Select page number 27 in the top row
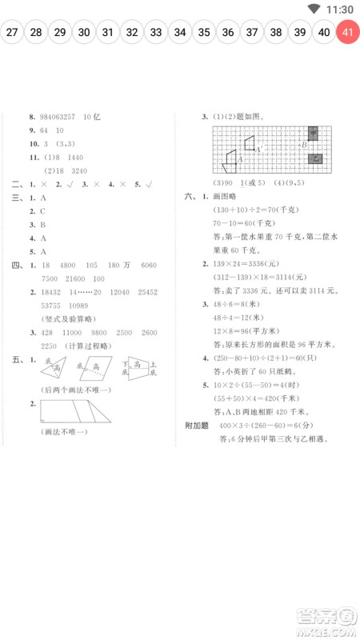pos(12,33)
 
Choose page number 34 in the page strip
pos(180,33)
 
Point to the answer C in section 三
pos(42,210)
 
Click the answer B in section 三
pos(42,224)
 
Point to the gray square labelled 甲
pos(314,132)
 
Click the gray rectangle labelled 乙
pos(316,158)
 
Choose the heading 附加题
pos(197,425)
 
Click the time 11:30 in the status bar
pos(341,9)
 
